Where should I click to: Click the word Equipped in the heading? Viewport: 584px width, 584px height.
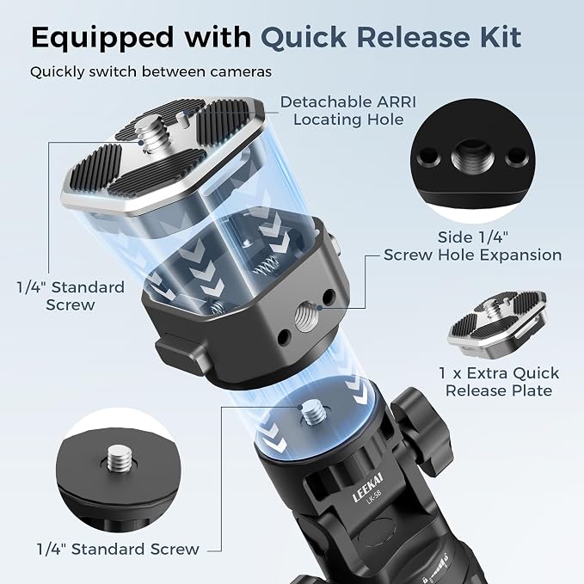102,38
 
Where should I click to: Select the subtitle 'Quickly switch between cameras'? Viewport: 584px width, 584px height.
151,72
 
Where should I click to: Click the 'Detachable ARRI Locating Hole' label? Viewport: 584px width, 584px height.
347,111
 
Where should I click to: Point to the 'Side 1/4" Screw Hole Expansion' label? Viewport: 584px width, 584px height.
473,246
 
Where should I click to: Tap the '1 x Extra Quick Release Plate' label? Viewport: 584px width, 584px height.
499,382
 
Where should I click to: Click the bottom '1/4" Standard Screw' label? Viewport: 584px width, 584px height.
118,550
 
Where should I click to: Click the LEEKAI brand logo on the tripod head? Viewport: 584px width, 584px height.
367,488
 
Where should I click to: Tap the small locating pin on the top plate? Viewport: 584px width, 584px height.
182,120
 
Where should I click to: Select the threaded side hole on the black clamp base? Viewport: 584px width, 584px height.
305,317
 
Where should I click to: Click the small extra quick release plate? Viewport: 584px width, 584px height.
497,323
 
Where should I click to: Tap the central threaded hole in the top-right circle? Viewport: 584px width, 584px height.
472,156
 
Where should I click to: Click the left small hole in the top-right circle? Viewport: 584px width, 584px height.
428,156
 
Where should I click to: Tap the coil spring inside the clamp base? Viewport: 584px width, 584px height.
267,265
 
